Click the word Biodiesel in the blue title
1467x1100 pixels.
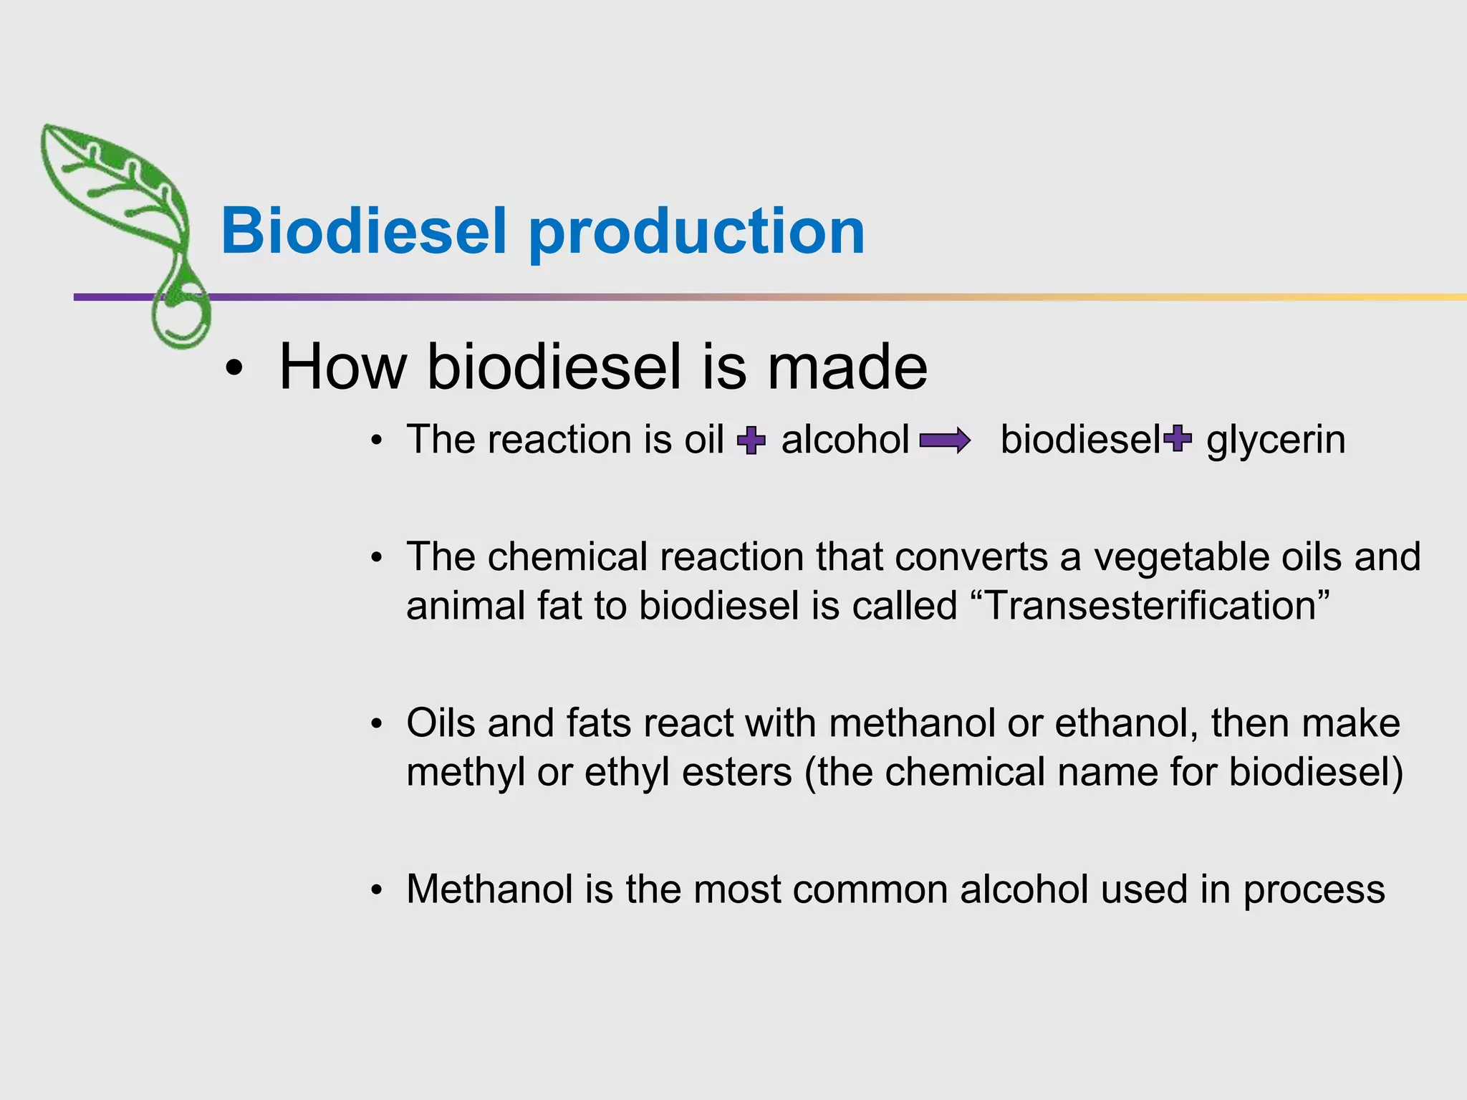(364, 231)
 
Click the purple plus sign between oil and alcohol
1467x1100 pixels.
(751, 440)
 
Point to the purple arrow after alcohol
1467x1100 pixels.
(945, 440)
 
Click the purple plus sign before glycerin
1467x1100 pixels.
(1178, 438)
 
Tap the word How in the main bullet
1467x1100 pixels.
(342, 367)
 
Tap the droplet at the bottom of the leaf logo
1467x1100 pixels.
(181, 319)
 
